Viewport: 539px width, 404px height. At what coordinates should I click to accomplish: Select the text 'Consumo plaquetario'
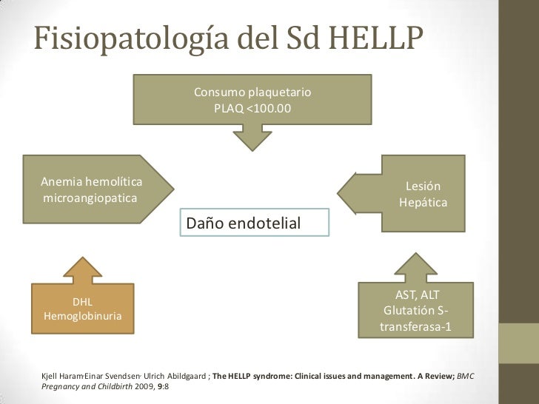tap(252, 93)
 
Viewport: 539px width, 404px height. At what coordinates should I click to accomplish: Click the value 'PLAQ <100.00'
tap(252, 108)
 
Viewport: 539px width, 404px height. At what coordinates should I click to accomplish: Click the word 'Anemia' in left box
tap(61, 182)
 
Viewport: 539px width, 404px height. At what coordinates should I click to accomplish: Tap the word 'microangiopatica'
tap(90, 199)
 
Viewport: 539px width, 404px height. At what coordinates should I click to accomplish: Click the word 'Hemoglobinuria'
tap(83, 317)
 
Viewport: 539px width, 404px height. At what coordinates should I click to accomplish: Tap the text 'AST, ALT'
tap(418, 295)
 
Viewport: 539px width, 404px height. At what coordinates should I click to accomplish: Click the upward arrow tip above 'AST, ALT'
tap(418, 256)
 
